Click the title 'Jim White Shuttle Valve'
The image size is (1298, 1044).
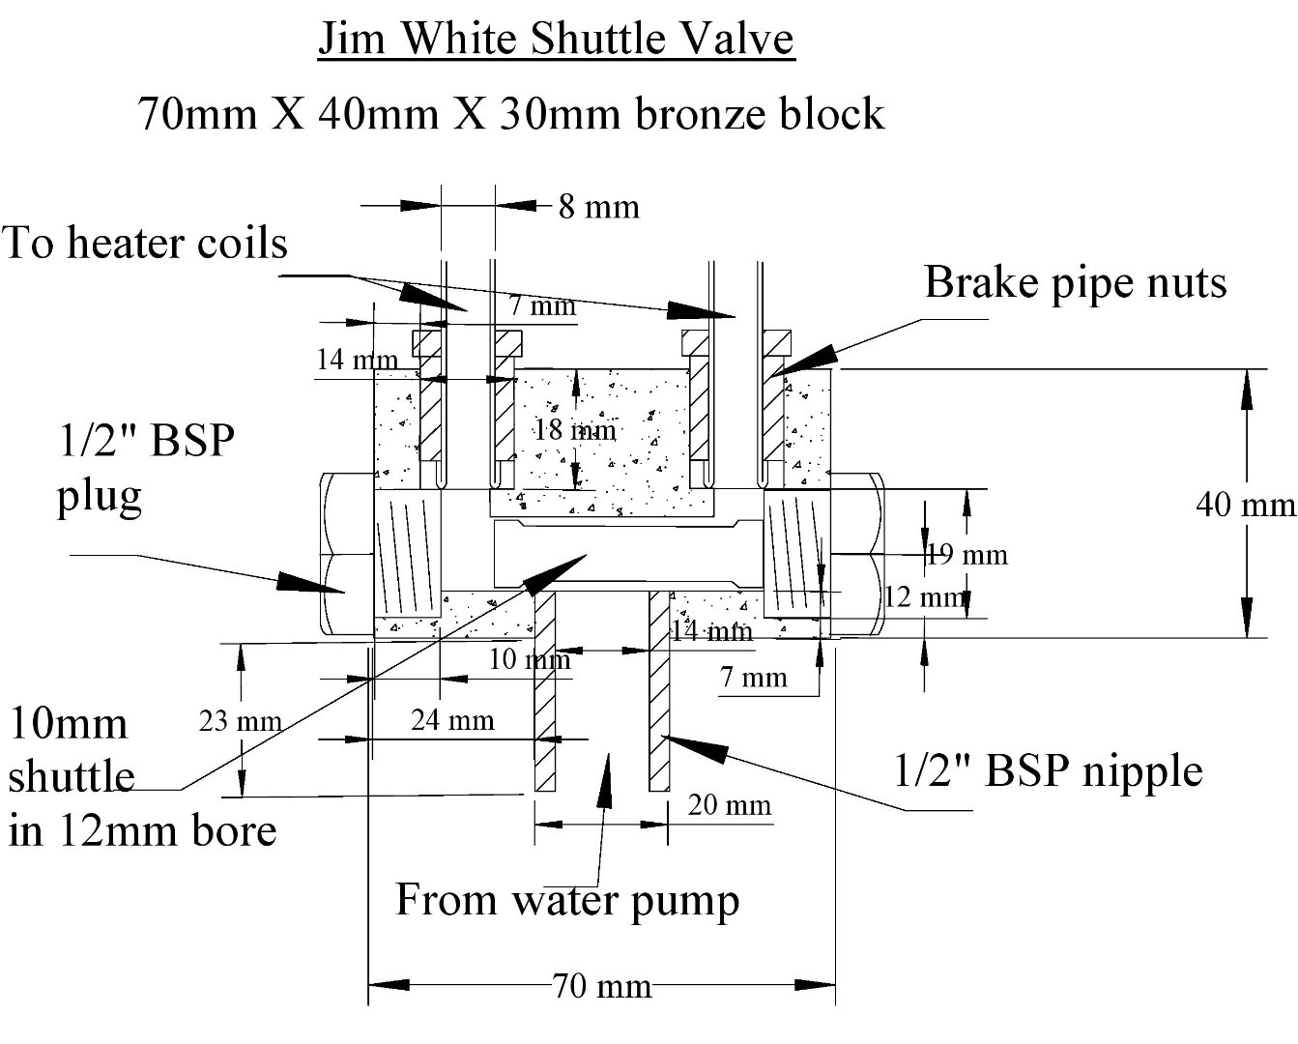(x=556, y=39)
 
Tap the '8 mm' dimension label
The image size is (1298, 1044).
(x=598, y=207)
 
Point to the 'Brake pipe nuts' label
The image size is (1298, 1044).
(x=1075, y=282)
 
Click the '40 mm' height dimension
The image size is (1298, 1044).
(x=1246, y=504)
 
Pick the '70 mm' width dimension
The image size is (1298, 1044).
(x=602, y=987)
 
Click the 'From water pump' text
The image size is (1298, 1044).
(x=567, y=900)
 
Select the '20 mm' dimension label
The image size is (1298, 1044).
(x=730, y=804)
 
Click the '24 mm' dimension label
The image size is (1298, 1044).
(x=452, y=719)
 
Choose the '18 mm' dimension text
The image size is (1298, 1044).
(x=575, y=429)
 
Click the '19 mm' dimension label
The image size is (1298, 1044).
(x=966, y=555)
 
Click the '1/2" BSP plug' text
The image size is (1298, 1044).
(x=145, y=469)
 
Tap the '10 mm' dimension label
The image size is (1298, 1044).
(x=530, y=660)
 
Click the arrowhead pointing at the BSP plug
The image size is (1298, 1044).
(x=300, y=582)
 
